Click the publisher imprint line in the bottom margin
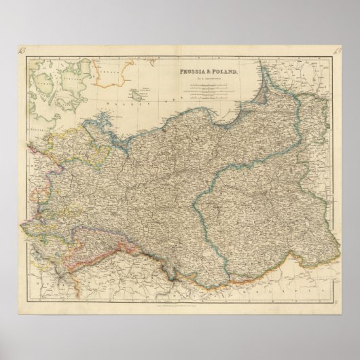pyautogui.click(x=179, y=306)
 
